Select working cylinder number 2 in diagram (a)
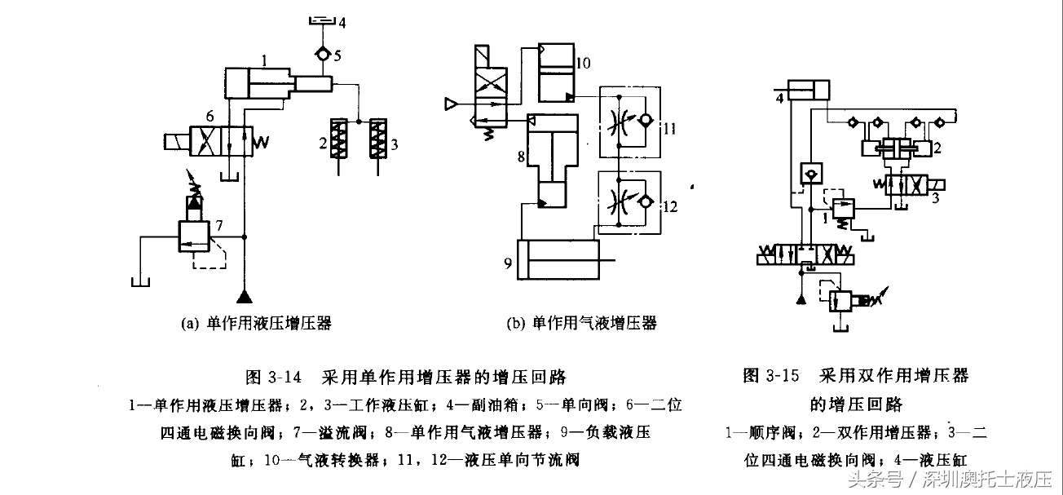click(336, 142)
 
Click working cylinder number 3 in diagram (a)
click(377, 142)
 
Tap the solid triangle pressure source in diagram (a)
click(242, 296)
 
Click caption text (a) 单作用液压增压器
click(255, 324)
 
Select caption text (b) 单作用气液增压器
click(581, 324)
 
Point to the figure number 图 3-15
click(770, 376)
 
